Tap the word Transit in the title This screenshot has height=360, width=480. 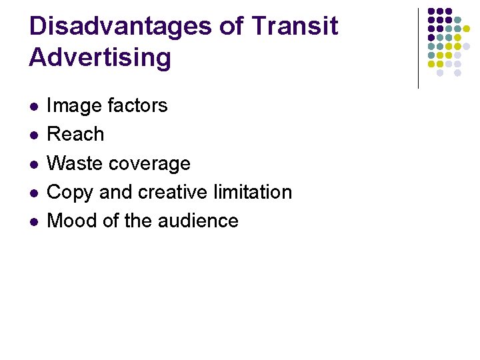tap(295, 27)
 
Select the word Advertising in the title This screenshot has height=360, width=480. tap(100, 57)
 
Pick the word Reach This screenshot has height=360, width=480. tap(76, 134)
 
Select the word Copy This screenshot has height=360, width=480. tap(71, 192)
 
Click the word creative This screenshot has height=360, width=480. tap(175, 192)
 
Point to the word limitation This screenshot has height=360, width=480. tap(255, 192)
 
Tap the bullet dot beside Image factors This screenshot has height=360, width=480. tap(33, 106)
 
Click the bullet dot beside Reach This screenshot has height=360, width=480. tap(33, 135)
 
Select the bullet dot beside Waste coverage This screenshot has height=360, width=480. tap(33, 164)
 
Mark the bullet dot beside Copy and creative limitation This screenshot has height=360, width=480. tap(33, 193)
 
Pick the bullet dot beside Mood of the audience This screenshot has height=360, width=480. tap(33, 221)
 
